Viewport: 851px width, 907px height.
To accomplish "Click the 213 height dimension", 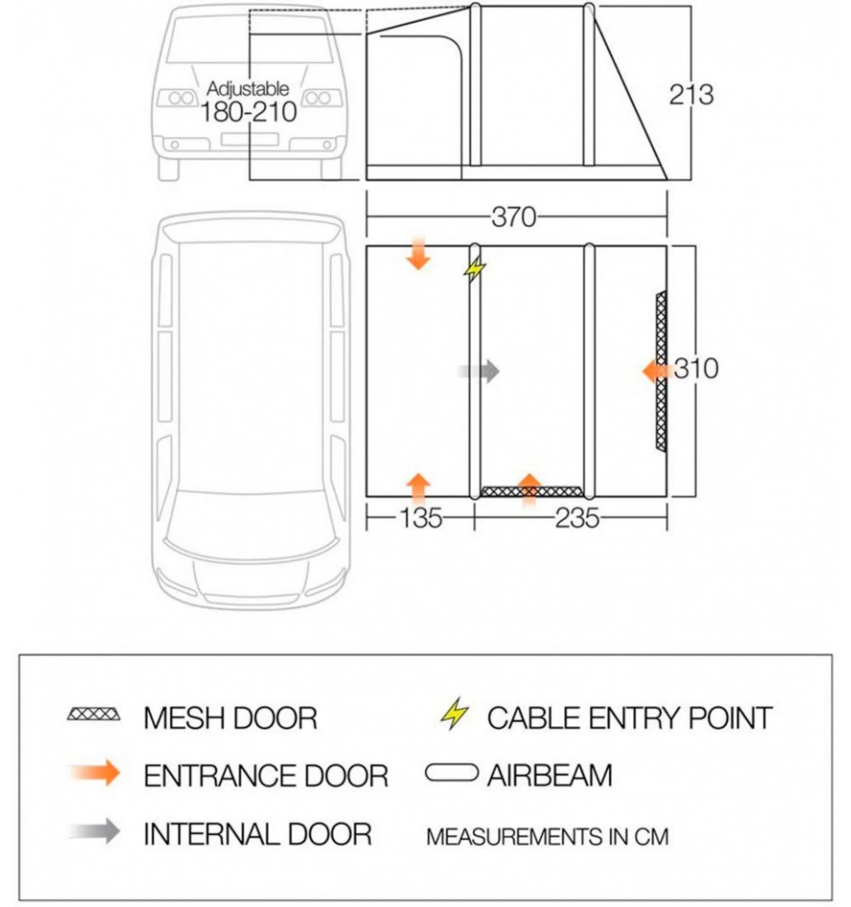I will pyautogui.click(x=691, y=95).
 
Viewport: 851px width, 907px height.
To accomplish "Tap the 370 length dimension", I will pyautogui.click(x=514, y=217).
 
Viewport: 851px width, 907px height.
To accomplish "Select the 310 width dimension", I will pyautogui.click(x=695, y=368).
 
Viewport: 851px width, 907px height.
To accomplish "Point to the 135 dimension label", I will pyautogui.click(x=421, y=518).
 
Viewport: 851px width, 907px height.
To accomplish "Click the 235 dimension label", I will pyautogui.click(x=577, y=518).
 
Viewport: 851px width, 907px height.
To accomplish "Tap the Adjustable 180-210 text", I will pyautogui.click(x=249, y=102).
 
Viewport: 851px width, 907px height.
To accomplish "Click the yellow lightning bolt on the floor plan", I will pyautogui.click(x=474, y=269).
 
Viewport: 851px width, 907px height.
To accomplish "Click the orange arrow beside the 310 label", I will pyautogui.click(x=656, y=371).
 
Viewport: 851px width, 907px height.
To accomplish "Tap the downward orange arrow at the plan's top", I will pyautogui.click(x=418, y=253).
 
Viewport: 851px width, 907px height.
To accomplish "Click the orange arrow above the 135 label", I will pyautogui.click(x=418, y=488).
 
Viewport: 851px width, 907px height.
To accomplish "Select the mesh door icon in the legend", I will pyautogui.click(x=94, y=714).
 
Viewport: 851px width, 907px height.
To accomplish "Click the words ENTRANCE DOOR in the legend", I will pyautogui.click(x=266, y=775).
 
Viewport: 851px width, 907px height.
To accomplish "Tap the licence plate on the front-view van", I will pyautogui.click(x=250, y=139).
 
